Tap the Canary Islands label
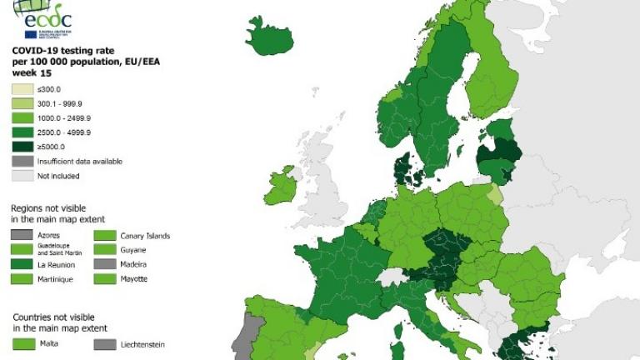(x=145, y=236)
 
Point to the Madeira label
(x=136, y=264)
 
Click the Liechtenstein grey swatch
(x=104, y=343)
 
